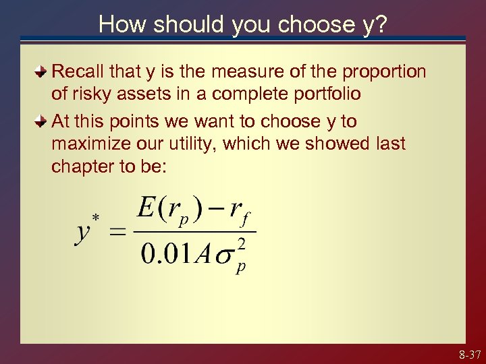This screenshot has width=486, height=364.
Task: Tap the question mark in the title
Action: pyautogui.click(x=381, y=24)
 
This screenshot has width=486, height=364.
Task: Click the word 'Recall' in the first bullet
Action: pyautogui.click(x=77, y=71)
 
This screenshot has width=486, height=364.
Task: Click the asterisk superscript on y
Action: pyautogui.click(x=96, y=217)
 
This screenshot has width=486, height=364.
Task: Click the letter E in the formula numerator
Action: pyautogui.click(x=146, y=207)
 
